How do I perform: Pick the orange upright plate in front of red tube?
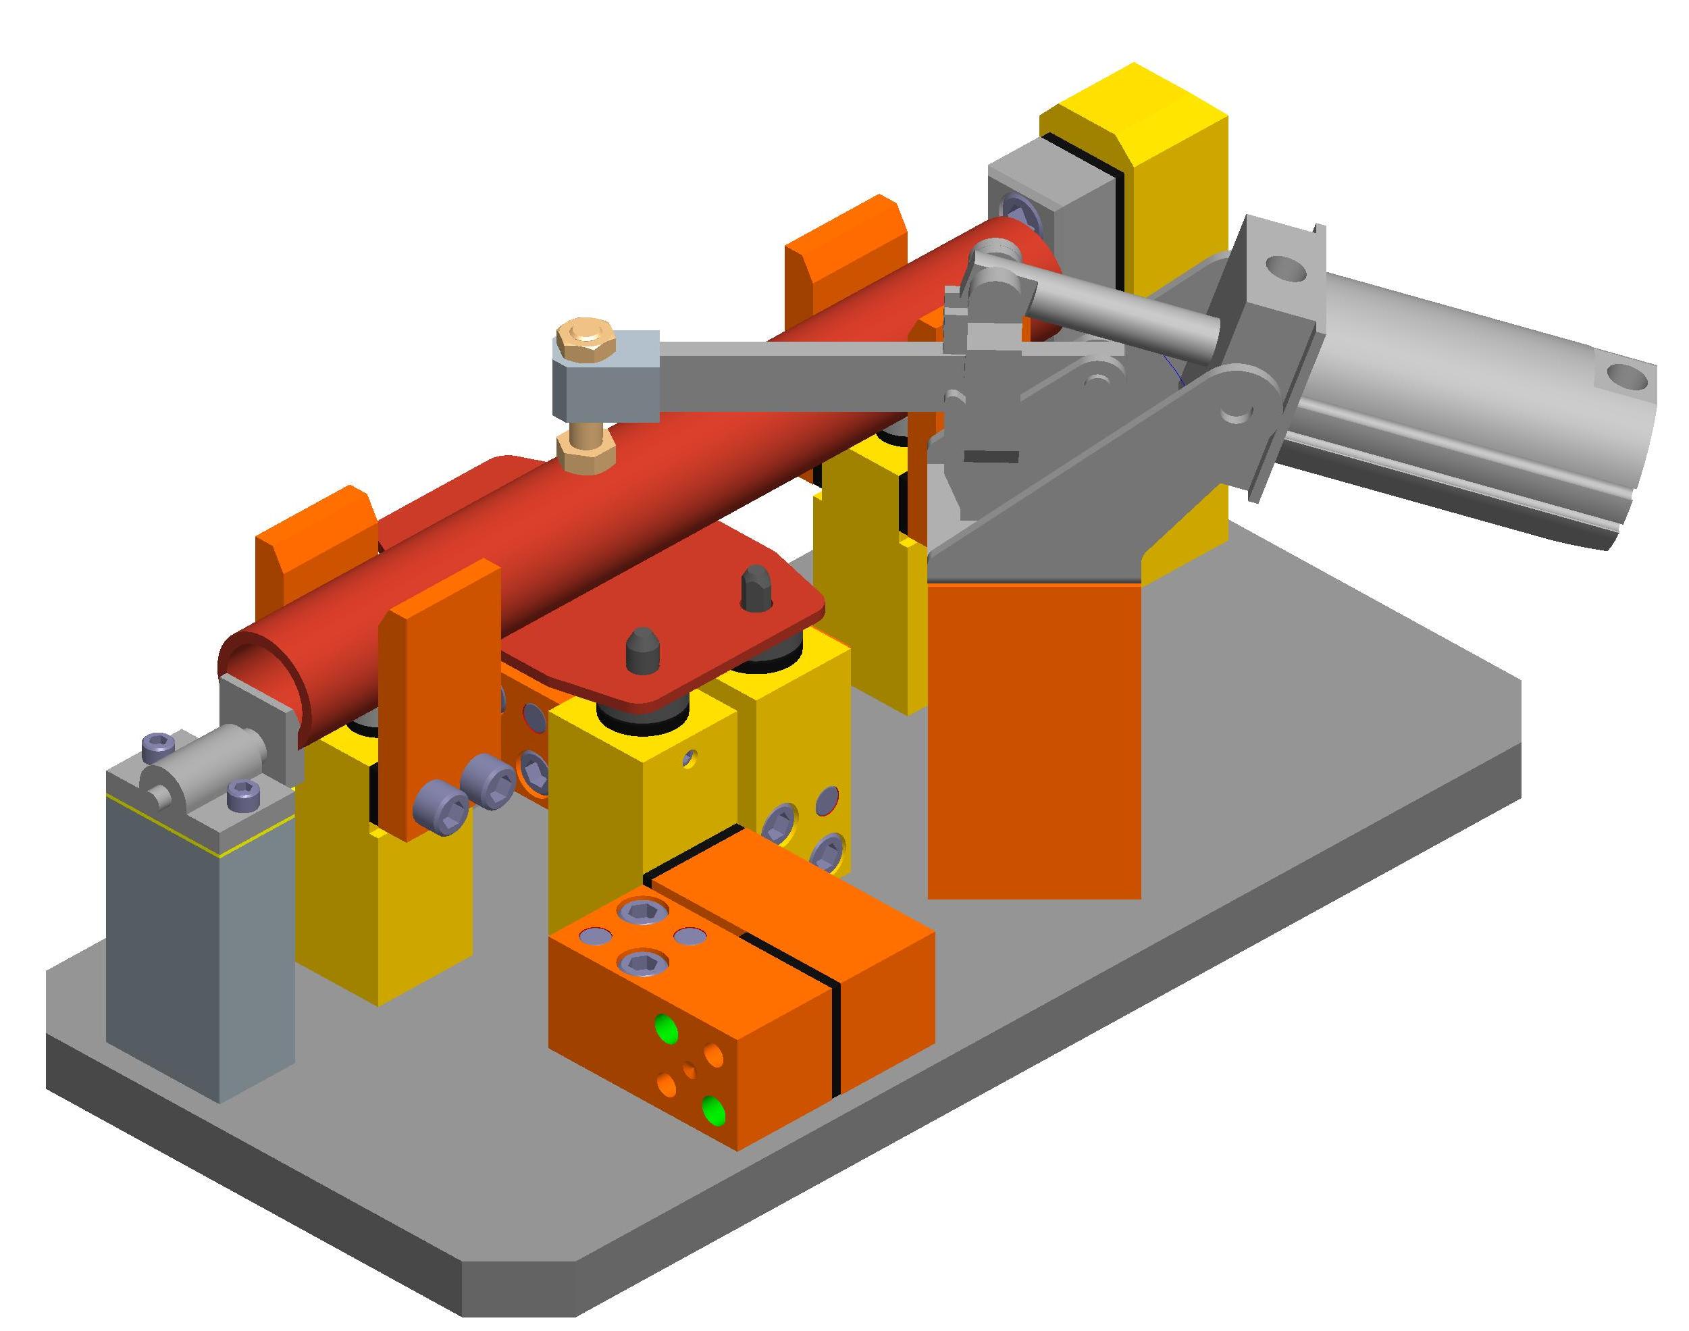click(440, 702)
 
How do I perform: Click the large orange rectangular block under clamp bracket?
click(1033, 740)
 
